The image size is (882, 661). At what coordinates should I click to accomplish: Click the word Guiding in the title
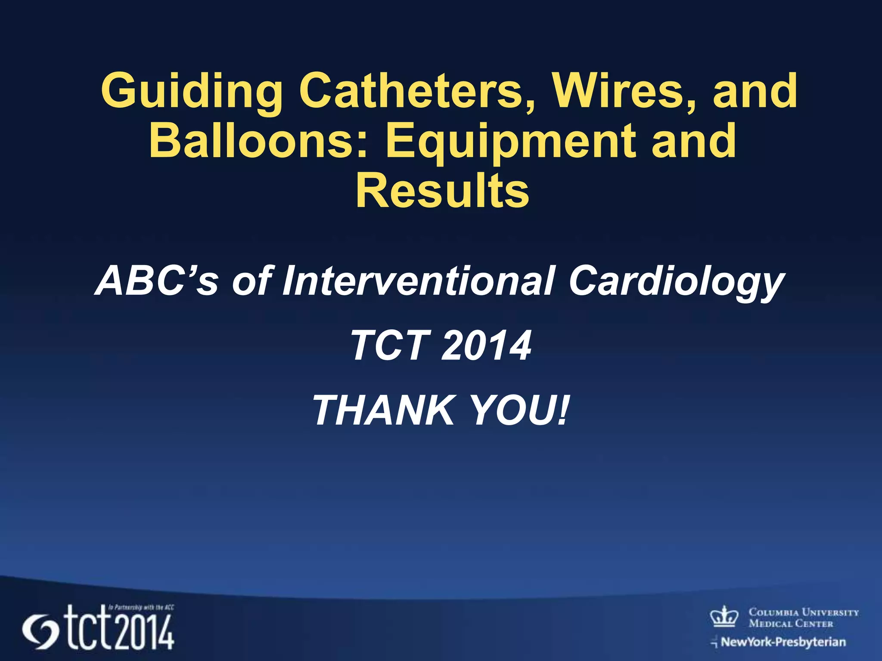point(192,91)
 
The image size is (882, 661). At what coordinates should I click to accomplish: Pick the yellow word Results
point(442,191)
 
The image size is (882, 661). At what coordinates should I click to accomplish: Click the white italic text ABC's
point(157,281)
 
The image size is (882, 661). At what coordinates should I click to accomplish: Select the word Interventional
point(418,281)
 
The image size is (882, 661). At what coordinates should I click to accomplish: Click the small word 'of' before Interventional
point(252,281)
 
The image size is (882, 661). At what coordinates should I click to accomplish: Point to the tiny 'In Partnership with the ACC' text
point(141,608)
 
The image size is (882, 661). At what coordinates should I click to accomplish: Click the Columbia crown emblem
point(724,616)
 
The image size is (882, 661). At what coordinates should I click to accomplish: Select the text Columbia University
point(804,612)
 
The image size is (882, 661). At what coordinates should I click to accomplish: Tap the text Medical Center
point(791,624)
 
